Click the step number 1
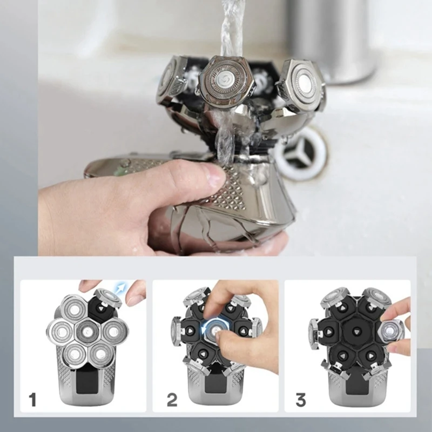(33, 400)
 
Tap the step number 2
(172, 400)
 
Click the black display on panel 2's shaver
(216, 384)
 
